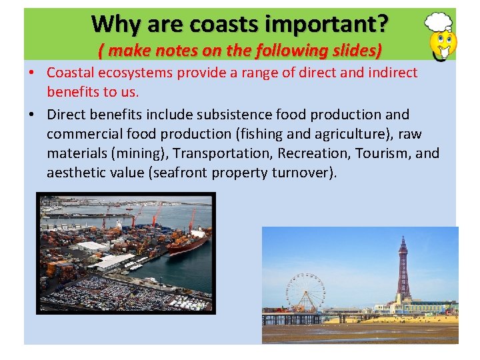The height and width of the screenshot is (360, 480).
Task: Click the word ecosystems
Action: click(x=139, y=73)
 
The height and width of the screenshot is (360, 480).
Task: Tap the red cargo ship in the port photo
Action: click(x=188, y=241)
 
